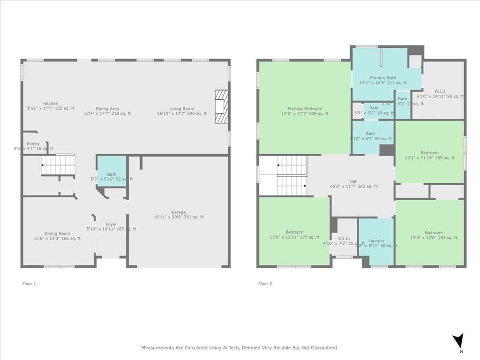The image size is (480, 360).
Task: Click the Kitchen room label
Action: tap(51, 104)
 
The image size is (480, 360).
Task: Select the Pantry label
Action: tap(33, 144)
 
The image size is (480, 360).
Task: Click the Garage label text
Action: tap(178, 212)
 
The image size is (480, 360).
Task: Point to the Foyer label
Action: tap(111, 224)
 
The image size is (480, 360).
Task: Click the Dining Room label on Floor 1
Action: tap(57, 233)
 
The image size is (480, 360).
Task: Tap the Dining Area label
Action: tap(107, 109)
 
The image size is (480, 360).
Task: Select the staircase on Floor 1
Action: tap(58, 165)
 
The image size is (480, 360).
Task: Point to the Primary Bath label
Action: tap(382, 78)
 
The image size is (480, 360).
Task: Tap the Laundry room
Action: tap(376, 240)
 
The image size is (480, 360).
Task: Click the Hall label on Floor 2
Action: tap(353, 181)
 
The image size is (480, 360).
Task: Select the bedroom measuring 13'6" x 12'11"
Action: tap(294, 232)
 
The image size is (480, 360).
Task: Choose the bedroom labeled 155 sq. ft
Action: tap(429, 153)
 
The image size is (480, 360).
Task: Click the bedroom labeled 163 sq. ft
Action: tap(433, 232)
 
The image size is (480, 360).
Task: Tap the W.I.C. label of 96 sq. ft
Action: tap(440, 91)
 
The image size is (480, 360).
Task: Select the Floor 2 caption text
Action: tap(265, 284)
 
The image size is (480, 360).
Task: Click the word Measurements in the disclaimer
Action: tap(157, 348)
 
